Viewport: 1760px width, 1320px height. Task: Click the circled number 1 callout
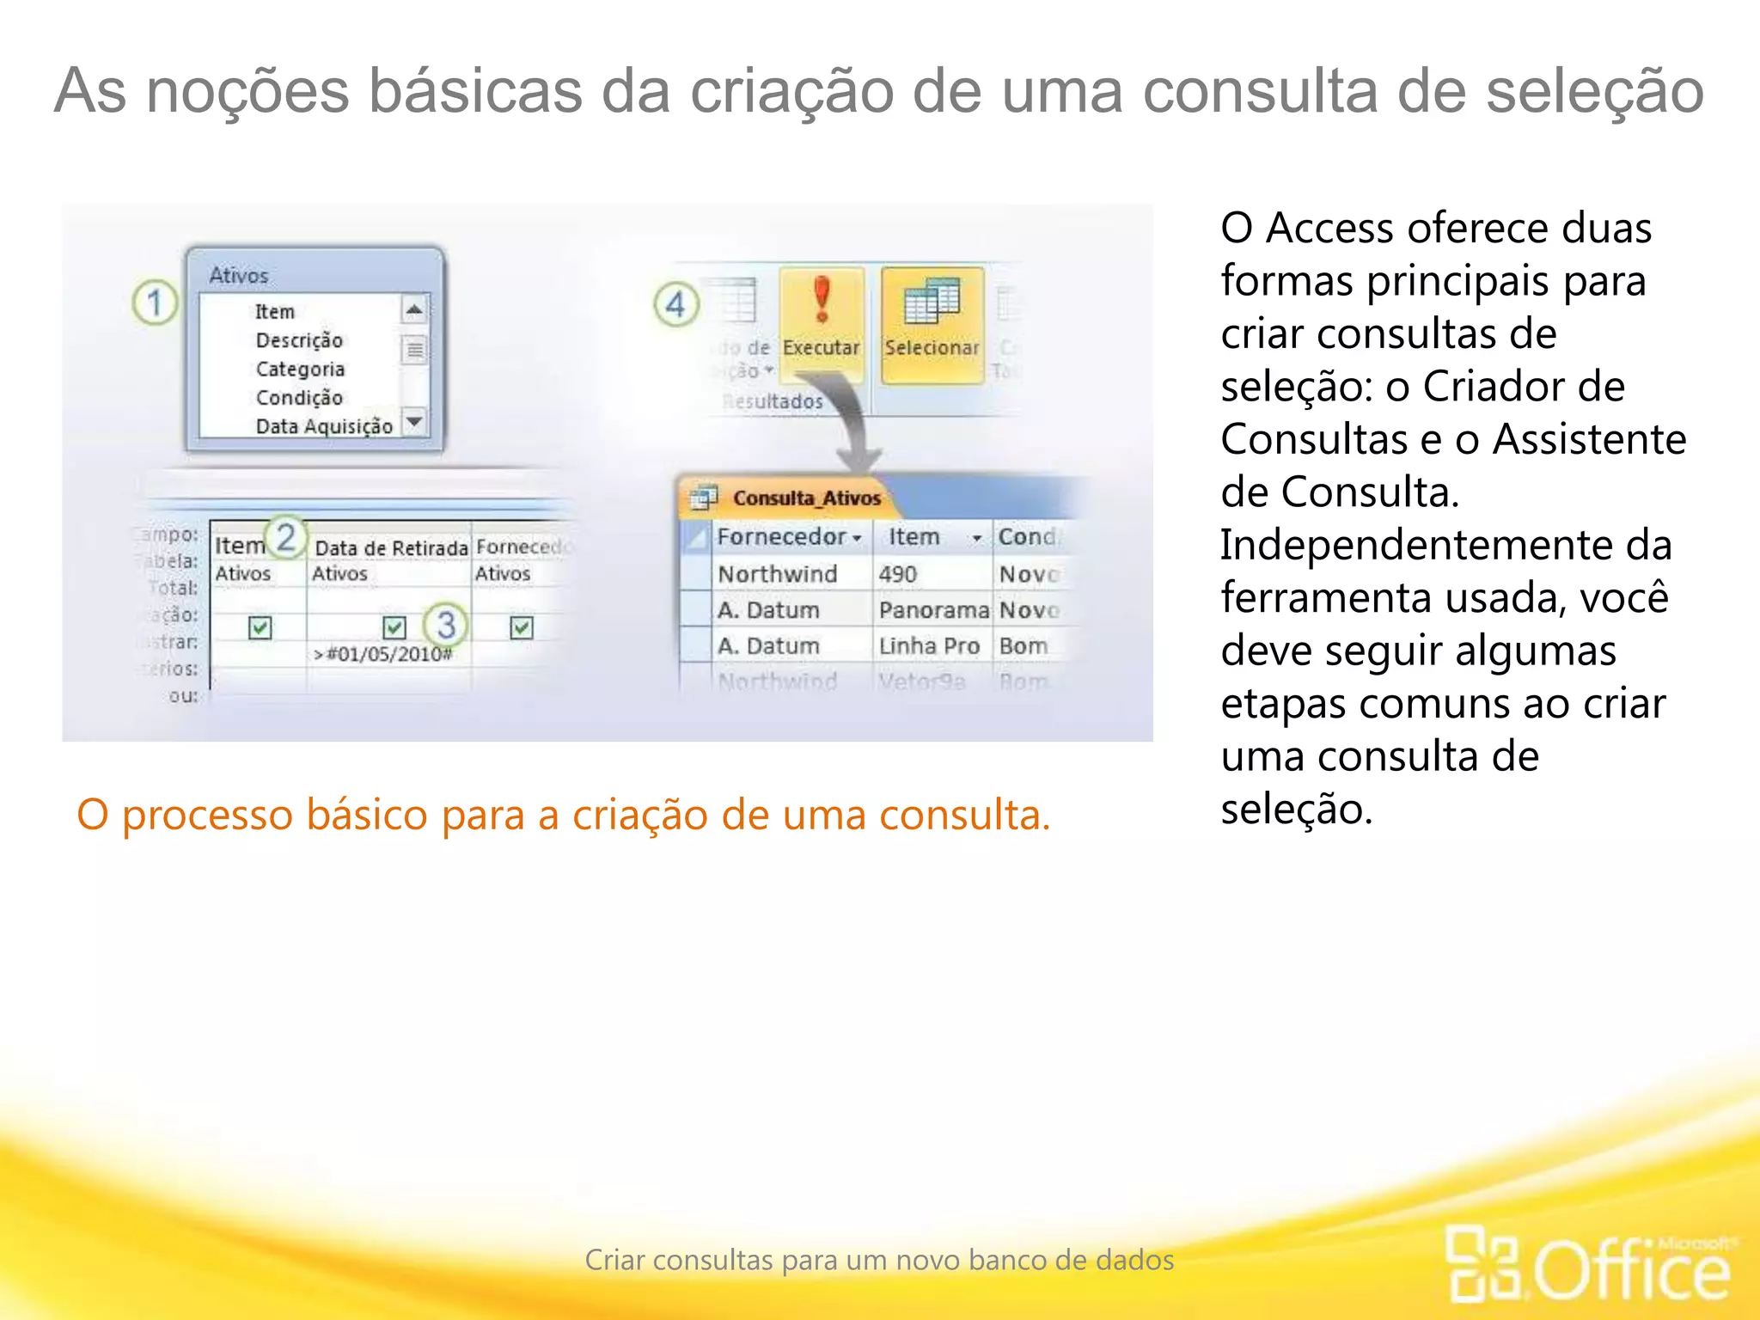155,303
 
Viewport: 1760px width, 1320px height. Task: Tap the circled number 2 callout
285,538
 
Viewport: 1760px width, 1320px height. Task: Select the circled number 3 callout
445,625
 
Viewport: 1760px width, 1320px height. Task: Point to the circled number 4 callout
676,304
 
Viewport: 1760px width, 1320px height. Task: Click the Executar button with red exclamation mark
822,322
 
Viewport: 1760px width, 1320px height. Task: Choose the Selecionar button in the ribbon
932,323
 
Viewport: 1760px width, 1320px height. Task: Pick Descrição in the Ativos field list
299,340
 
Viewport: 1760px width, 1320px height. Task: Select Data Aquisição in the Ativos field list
324,426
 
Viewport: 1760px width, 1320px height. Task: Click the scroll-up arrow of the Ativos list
414,309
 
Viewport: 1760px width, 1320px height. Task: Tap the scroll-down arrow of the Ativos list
414,421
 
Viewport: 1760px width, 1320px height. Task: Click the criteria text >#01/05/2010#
382,654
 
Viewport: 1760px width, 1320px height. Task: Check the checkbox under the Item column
260,627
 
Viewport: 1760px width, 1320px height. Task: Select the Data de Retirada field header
391,547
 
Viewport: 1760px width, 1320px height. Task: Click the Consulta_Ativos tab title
806,498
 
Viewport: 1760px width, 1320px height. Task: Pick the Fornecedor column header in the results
782,537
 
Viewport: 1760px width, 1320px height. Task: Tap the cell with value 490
898,574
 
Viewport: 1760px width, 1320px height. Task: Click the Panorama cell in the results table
933,610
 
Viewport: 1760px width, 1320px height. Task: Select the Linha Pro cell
929,646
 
